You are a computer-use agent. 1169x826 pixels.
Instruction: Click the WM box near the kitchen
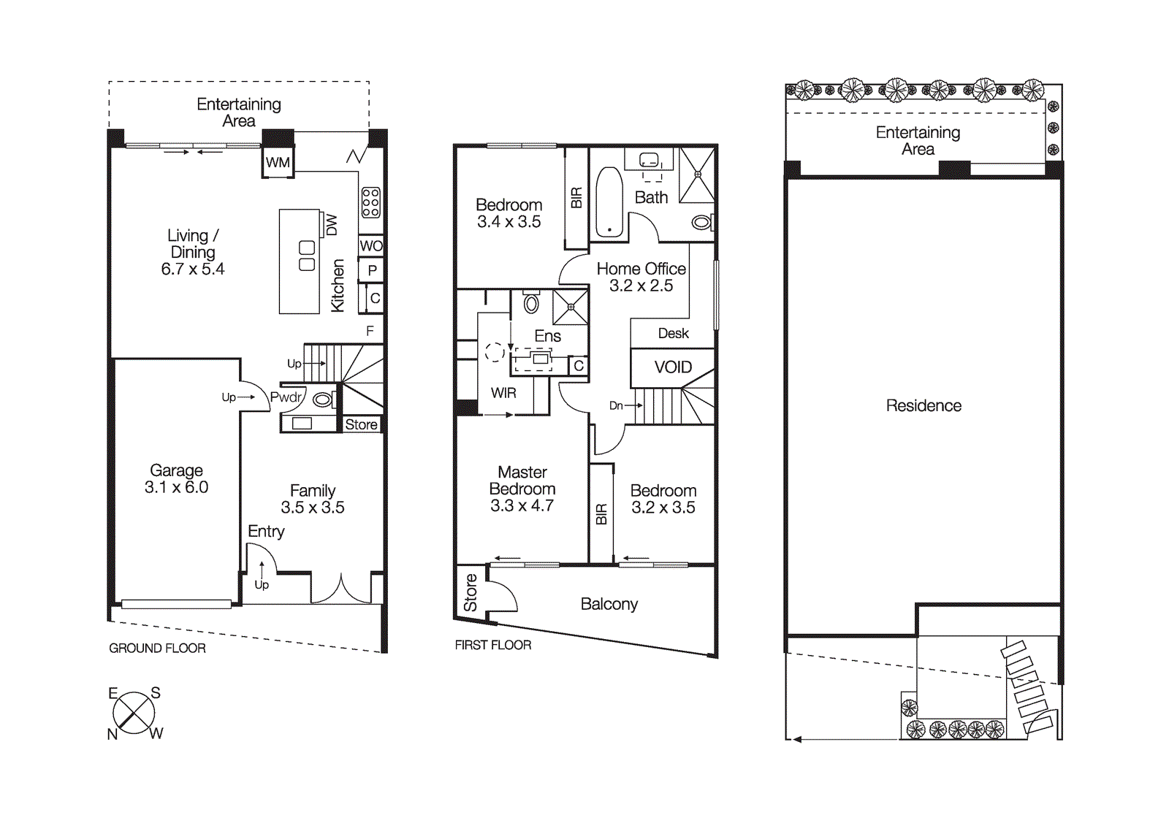coord(278,162)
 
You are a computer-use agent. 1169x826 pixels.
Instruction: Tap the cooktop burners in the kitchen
coord(370,202)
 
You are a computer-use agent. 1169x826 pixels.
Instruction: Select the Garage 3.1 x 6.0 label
coord(176,479)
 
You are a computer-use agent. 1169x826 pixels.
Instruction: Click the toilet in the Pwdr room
coord(322,399)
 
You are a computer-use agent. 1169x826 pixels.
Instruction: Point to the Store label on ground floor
coord(361,424)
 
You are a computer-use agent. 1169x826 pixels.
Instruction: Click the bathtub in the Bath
coord(609,203)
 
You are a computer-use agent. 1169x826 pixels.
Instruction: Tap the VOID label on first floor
coord(673,367)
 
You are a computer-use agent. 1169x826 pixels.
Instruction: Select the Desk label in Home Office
coord(673,333)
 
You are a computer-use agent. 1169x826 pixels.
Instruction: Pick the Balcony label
coord(609,604)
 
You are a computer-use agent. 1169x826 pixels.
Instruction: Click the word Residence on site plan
coord(924,405)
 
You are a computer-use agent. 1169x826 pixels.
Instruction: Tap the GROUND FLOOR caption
coord(157,648)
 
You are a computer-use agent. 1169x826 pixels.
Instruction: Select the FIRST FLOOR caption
coord(492,645)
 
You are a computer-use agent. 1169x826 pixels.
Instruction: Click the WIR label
coord(503,393)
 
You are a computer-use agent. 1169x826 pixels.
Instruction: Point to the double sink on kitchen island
coord(307,256)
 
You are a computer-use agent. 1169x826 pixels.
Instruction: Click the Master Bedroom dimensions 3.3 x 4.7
coord(522,505)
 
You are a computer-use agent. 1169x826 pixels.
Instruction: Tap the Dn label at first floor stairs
coord(616,405)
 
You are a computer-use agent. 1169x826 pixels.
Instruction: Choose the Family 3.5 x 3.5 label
coord(313,499)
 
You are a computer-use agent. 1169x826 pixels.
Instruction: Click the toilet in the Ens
coord(531,302)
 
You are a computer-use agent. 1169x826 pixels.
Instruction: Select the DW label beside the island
coord(332,224)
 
